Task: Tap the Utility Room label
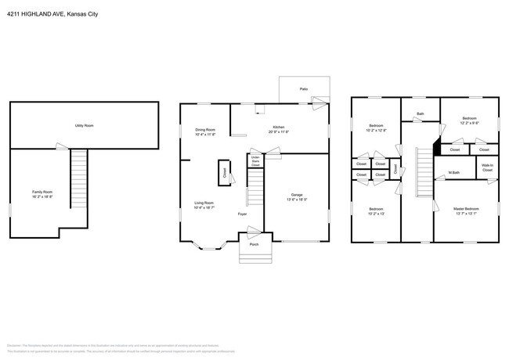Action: point(84,125)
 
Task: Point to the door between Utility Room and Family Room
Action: point(62,147)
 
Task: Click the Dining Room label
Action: point(205,129)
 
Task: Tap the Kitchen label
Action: point(278,127)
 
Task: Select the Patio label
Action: point(303,89)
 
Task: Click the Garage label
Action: point(297,195)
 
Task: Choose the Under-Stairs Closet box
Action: point(254,160)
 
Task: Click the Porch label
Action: point(254,244)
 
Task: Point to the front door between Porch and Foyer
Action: point(254,231)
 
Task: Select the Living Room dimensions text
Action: point(205,208)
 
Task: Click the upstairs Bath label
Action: point(421,114)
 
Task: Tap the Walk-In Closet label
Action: point(486,167)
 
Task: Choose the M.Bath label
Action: point(453,172)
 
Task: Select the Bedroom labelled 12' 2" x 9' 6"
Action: point(468,119)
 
